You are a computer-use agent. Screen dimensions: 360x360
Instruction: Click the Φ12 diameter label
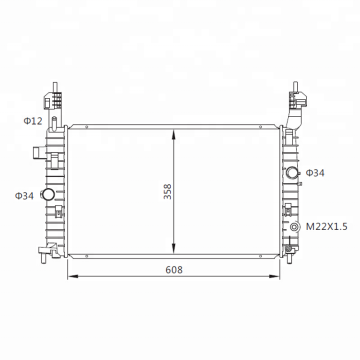click(x=33, y=121)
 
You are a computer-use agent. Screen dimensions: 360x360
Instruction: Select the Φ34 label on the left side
click(x=24, y=196)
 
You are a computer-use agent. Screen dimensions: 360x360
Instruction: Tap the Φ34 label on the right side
click(x=315, y=173)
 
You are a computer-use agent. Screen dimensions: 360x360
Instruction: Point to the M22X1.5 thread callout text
click(x=327, y=227)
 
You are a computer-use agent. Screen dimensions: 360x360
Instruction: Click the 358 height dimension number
click(x=168, y=192)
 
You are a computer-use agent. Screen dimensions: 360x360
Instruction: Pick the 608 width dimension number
click(x=174, y=270)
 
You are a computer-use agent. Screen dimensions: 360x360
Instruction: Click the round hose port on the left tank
click(x=47, y=194)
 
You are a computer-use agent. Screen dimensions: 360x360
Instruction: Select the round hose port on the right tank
click(x=292, y=172)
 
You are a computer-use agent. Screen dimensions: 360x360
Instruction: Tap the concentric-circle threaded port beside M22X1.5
click(x=295, y=227)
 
